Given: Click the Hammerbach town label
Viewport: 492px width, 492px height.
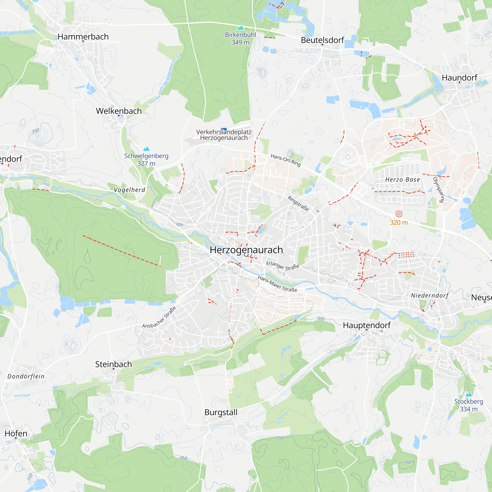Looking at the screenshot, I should point(83,37).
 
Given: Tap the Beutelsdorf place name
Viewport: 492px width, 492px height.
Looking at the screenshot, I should point(323,40).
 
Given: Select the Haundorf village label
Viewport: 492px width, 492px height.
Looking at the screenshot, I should point(459,78).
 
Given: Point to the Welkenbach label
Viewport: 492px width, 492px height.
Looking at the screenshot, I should point(119,111).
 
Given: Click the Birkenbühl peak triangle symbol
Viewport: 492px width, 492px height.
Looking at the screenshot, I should point(240,28).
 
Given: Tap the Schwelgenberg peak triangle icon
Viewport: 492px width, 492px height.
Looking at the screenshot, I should point(146,149).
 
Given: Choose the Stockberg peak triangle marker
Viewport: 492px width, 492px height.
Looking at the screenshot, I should point(469,395).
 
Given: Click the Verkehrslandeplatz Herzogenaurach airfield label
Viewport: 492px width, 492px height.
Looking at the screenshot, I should point(224,135).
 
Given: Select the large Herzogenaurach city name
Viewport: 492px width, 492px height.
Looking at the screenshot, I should point(246,250).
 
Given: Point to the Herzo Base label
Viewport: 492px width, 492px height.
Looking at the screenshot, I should point(402,180).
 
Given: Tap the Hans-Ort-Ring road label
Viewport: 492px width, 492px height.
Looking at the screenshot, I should point(285,160).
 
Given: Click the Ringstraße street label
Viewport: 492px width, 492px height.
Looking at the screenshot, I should point(298,203).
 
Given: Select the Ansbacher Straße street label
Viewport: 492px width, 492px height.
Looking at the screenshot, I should point(159,317).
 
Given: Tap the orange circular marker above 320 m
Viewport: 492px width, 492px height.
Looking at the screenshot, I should point(399,214).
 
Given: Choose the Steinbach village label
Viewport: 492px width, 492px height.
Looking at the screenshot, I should point(114,364).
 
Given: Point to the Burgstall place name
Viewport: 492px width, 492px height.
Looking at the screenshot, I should point(221,412).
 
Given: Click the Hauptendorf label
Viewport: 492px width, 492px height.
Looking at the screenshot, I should point(367,325).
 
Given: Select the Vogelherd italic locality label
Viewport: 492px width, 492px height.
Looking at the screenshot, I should point(129,190).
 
